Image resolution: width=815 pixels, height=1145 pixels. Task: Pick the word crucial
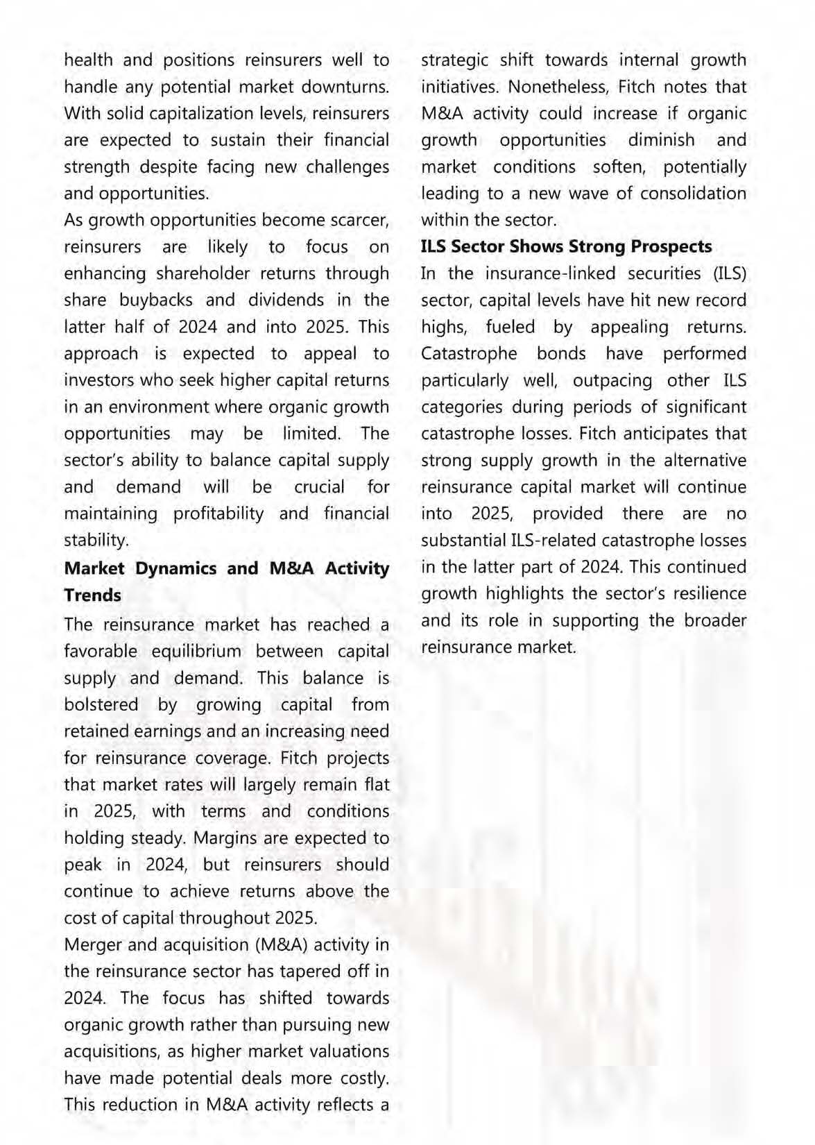[x=320, y=487]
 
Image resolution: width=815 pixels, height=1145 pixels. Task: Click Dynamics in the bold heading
[x=176, y=568]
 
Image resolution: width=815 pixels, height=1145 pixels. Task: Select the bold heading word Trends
[x=92, y=595]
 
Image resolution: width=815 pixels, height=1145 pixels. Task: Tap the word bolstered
[x=101, y=705]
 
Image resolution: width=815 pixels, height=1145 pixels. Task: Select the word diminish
[x=661, y=140]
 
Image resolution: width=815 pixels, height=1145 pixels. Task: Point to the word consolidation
[x=693, y=194]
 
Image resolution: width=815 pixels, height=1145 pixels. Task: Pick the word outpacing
[x=612, y=381]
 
